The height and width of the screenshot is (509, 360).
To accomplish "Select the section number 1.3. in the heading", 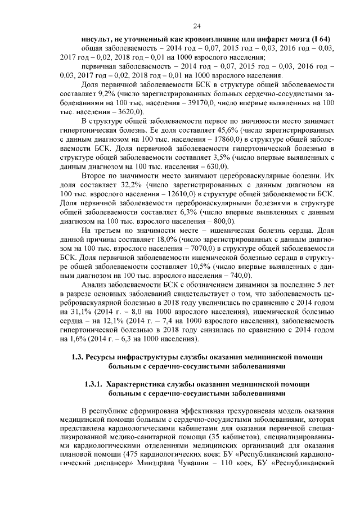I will pos(78,356).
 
